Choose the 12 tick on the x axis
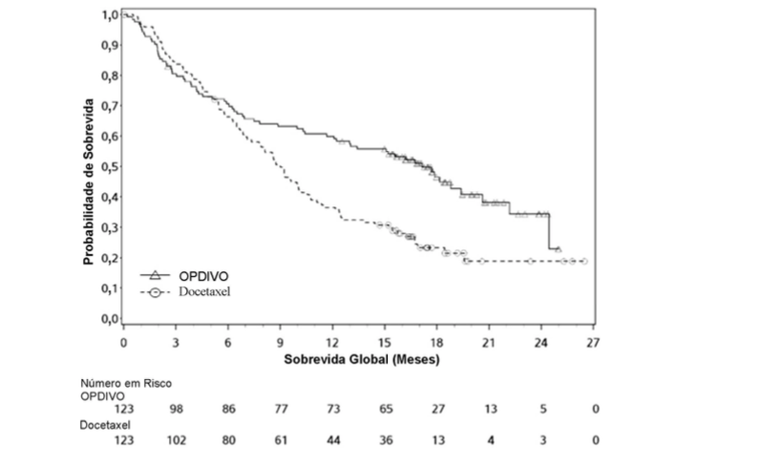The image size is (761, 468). tap(332, 341)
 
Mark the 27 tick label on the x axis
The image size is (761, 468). tap(593, 341)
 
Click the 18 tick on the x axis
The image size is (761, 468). tap(436, 341)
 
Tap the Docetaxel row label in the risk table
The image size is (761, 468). tap(105, 425)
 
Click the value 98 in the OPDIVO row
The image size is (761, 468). tap(176, 410)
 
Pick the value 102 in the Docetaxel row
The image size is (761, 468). tap(176, 440)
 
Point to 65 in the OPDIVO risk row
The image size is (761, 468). tap(385, 410)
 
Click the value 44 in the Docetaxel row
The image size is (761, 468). tap(332, 440)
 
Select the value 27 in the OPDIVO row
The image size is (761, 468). tap(436, 410)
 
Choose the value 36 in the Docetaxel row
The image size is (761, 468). tap(385, 440)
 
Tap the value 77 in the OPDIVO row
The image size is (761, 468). tap(280, 410)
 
